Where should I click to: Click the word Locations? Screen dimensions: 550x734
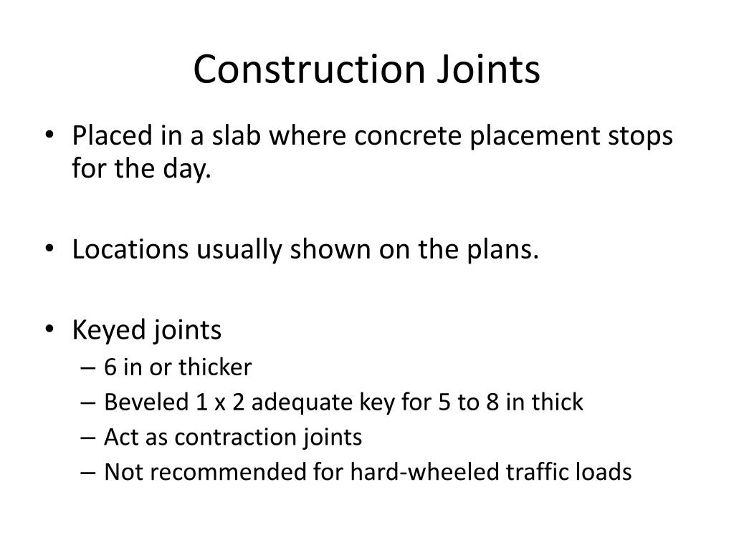125,250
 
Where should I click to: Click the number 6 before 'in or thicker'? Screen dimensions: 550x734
110,368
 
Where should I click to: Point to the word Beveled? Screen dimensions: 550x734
146,402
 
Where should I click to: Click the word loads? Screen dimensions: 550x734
605,472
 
